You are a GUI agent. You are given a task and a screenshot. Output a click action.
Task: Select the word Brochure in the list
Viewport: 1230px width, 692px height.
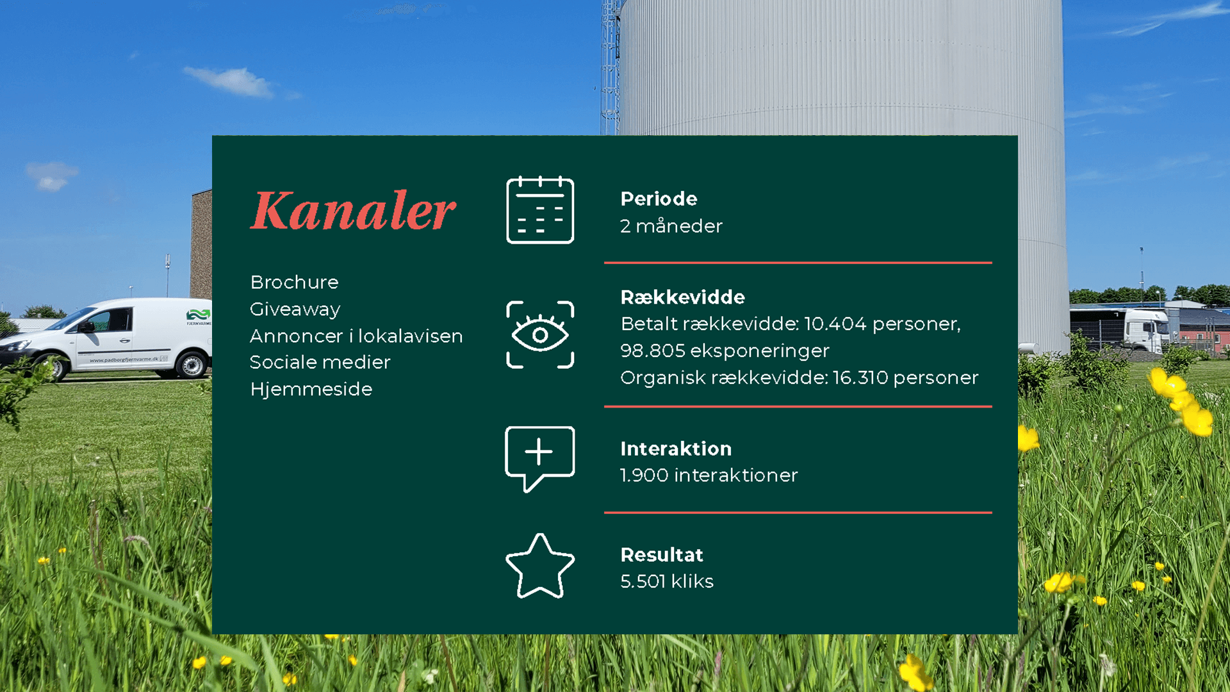click(x=294, y=282)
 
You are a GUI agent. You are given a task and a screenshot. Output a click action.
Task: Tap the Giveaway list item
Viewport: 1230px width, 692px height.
click(x=295, y=309)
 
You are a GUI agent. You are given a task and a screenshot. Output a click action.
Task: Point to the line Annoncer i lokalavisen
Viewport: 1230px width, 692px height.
click(x=356, y=336)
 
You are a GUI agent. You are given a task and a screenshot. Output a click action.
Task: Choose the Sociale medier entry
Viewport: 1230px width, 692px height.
click(x=320, y=362)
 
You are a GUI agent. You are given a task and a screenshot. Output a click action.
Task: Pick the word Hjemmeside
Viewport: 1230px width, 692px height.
click(x=311, y=389)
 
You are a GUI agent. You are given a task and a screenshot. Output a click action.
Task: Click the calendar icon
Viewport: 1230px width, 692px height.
click(x=540, y=210)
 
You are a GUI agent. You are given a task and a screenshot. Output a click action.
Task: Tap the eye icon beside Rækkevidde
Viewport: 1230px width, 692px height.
click(x=540, y=334)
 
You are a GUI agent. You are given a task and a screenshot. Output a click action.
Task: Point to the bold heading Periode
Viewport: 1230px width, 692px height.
click(x=659, y=199)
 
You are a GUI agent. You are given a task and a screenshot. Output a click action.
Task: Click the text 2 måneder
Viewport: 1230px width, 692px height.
click(x=671, y=226)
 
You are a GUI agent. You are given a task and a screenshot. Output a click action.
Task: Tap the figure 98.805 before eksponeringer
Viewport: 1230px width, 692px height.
click(x=653, y=350)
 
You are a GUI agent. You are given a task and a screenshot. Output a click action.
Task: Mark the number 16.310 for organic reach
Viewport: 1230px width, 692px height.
click(x=860, y=377)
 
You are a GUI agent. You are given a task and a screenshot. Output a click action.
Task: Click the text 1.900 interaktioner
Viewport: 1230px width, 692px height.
click(x=709, y=475)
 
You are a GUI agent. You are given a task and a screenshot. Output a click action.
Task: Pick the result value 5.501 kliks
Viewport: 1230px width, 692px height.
click(x=666, y=581)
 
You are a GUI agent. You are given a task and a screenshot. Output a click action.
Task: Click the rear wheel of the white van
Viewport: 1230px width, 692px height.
click(x=192, y=365)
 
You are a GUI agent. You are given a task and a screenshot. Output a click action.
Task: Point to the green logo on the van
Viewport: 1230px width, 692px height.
click(x=198, y=315)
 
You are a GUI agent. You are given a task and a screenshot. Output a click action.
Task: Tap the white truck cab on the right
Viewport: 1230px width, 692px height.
click(x=1147, y=330)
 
